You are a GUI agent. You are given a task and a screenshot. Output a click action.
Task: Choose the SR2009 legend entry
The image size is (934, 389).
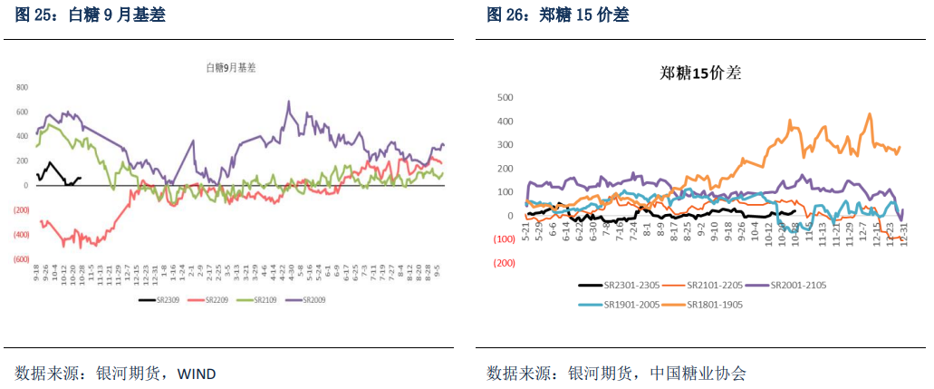pos(313,298)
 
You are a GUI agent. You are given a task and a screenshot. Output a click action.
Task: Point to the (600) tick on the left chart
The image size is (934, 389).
pos(21,258)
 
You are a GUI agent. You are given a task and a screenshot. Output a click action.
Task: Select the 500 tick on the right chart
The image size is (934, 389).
pos(506,97)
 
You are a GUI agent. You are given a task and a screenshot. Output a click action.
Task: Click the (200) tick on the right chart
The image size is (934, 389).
pos(504,263)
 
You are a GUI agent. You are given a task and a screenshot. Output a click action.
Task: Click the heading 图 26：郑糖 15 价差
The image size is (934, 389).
pos(557,15)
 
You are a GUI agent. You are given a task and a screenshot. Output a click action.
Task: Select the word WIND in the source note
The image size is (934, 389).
pos(196,374)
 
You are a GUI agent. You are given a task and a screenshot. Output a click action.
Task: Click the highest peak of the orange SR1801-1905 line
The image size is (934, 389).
pos(870,114)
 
